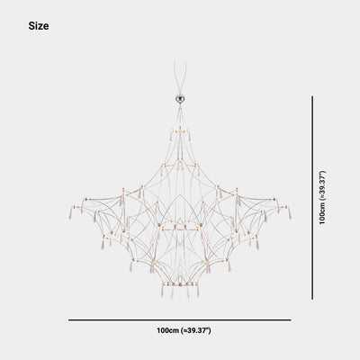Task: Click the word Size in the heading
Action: click(39, 26)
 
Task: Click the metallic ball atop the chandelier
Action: click(180, 98)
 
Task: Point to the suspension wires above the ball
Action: click(180, 77)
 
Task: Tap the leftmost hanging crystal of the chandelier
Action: click(71, 212)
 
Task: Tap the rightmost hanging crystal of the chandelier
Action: click(290, 212)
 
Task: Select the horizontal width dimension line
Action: click(180, 320)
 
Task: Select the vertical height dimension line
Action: click(312, 198)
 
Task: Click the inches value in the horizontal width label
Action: click(196, 330)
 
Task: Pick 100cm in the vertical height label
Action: click(322, 213)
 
